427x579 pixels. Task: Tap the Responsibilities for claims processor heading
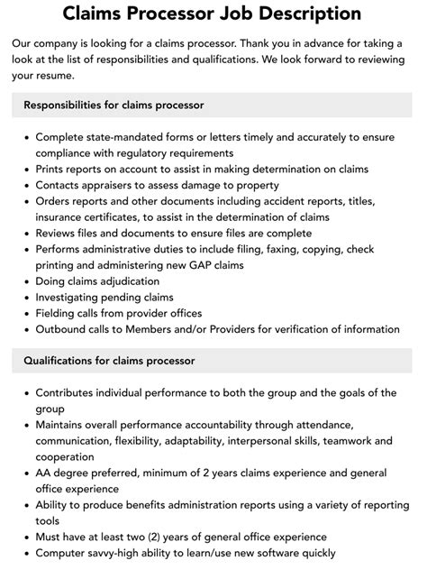coord(114,105)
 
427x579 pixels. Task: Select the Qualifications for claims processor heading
coord(109,361)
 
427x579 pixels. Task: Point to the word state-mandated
coord(126,137)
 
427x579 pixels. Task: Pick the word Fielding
coord(59,314)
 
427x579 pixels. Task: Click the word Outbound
coord(64,330)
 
